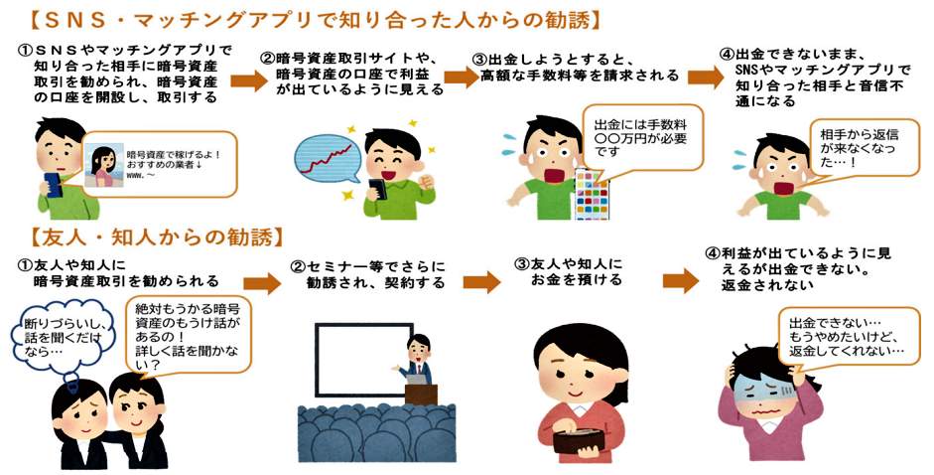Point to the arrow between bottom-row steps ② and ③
click(481, 281)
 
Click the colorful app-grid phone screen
click(592, 194)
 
